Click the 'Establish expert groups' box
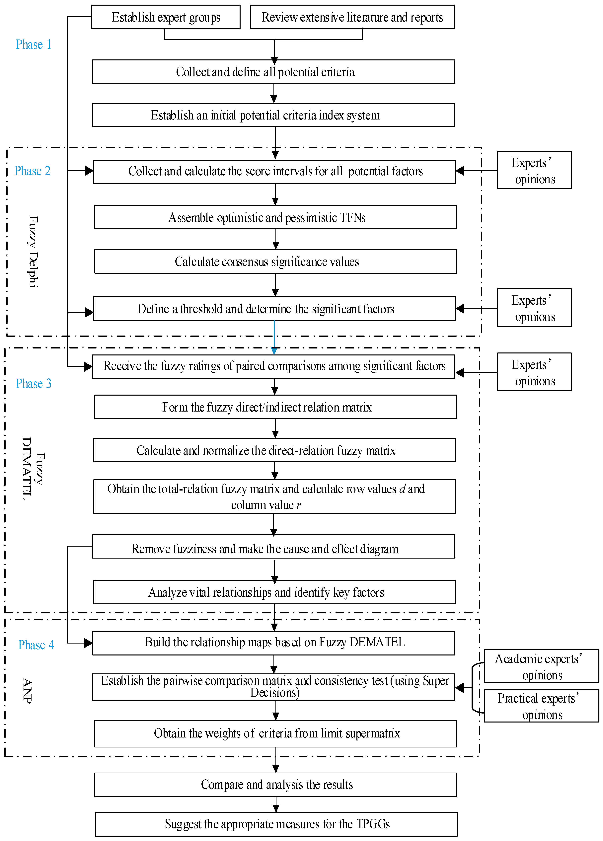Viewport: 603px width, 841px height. [x=166, y=17]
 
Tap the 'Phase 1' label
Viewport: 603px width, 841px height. [x=33, y=44]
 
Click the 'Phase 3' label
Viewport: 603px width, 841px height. [x=33, y=383]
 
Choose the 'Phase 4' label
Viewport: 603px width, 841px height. [x=36, y=645]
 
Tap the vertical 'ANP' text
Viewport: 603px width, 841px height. [x=27, y=690]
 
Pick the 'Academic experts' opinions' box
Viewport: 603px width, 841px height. [x=541, y=666]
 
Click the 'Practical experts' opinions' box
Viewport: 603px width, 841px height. [x=541, y=706]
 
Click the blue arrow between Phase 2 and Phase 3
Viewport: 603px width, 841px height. [x=274, y=338]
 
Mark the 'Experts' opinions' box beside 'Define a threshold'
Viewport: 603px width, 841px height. [x=534, y=308]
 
